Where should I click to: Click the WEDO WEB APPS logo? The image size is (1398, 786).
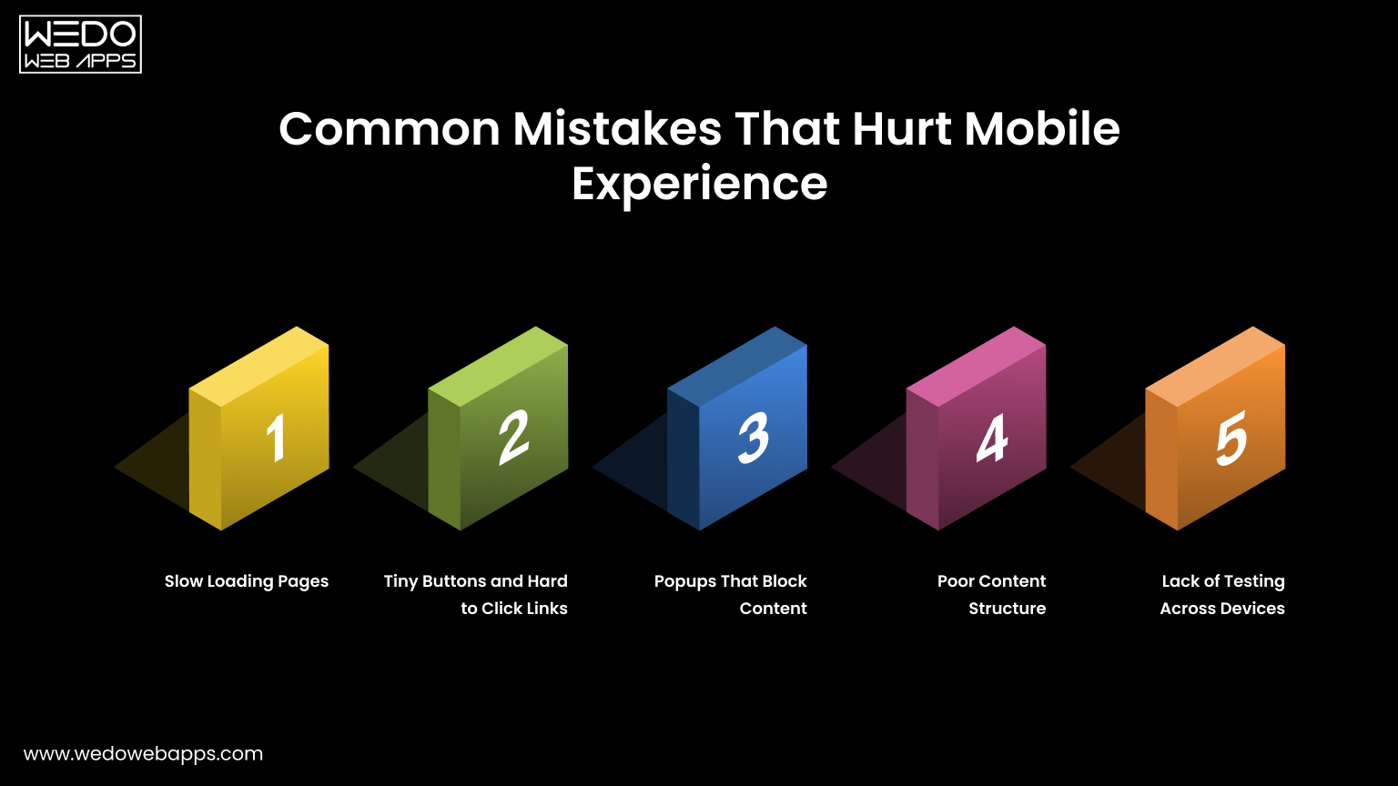pos(80,44)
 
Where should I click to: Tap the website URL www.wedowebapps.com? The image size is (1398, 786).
pos(143,753)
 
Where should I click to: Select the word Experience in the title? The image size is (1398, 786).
pos(699,184)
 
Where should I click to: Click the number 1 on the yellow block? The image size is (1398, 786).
pos(275,438)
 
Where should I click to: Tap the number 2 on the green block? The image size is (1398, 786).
pos(514,438)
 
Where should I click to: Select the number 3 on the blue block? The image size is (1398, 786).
pos(754,438)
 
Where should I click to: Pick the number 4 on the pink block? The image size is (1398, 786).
pos(992,438)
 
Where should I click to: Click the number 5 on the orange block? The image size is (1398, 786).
pos(1231,438)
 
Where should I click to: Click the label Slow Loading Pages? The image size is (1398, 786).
pos(246,581)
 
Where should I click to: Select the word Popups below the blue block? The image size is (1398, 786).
pos(684,581)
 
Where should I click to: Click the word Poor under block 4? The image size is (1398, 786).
pos(956,581)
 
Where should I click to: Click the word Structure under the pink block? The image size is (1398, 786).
pos(1007,609)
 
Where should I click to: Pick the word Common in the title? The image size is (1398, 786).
pos(390,129)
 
